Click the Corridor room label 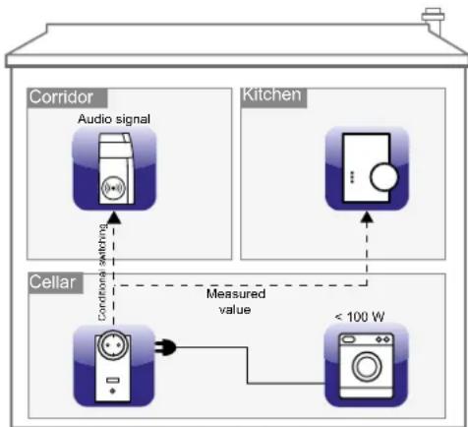[x=61, y=97]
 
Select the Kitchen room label [x=272, y=95]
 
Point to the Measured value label [x=235, y=301]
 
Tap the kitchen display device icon [x=367, y=168]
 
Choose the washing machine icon [x=366, y=364]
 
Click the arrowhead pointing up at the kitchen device [x=368, y=217]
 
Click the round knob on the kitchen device [x=382, y=177]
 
